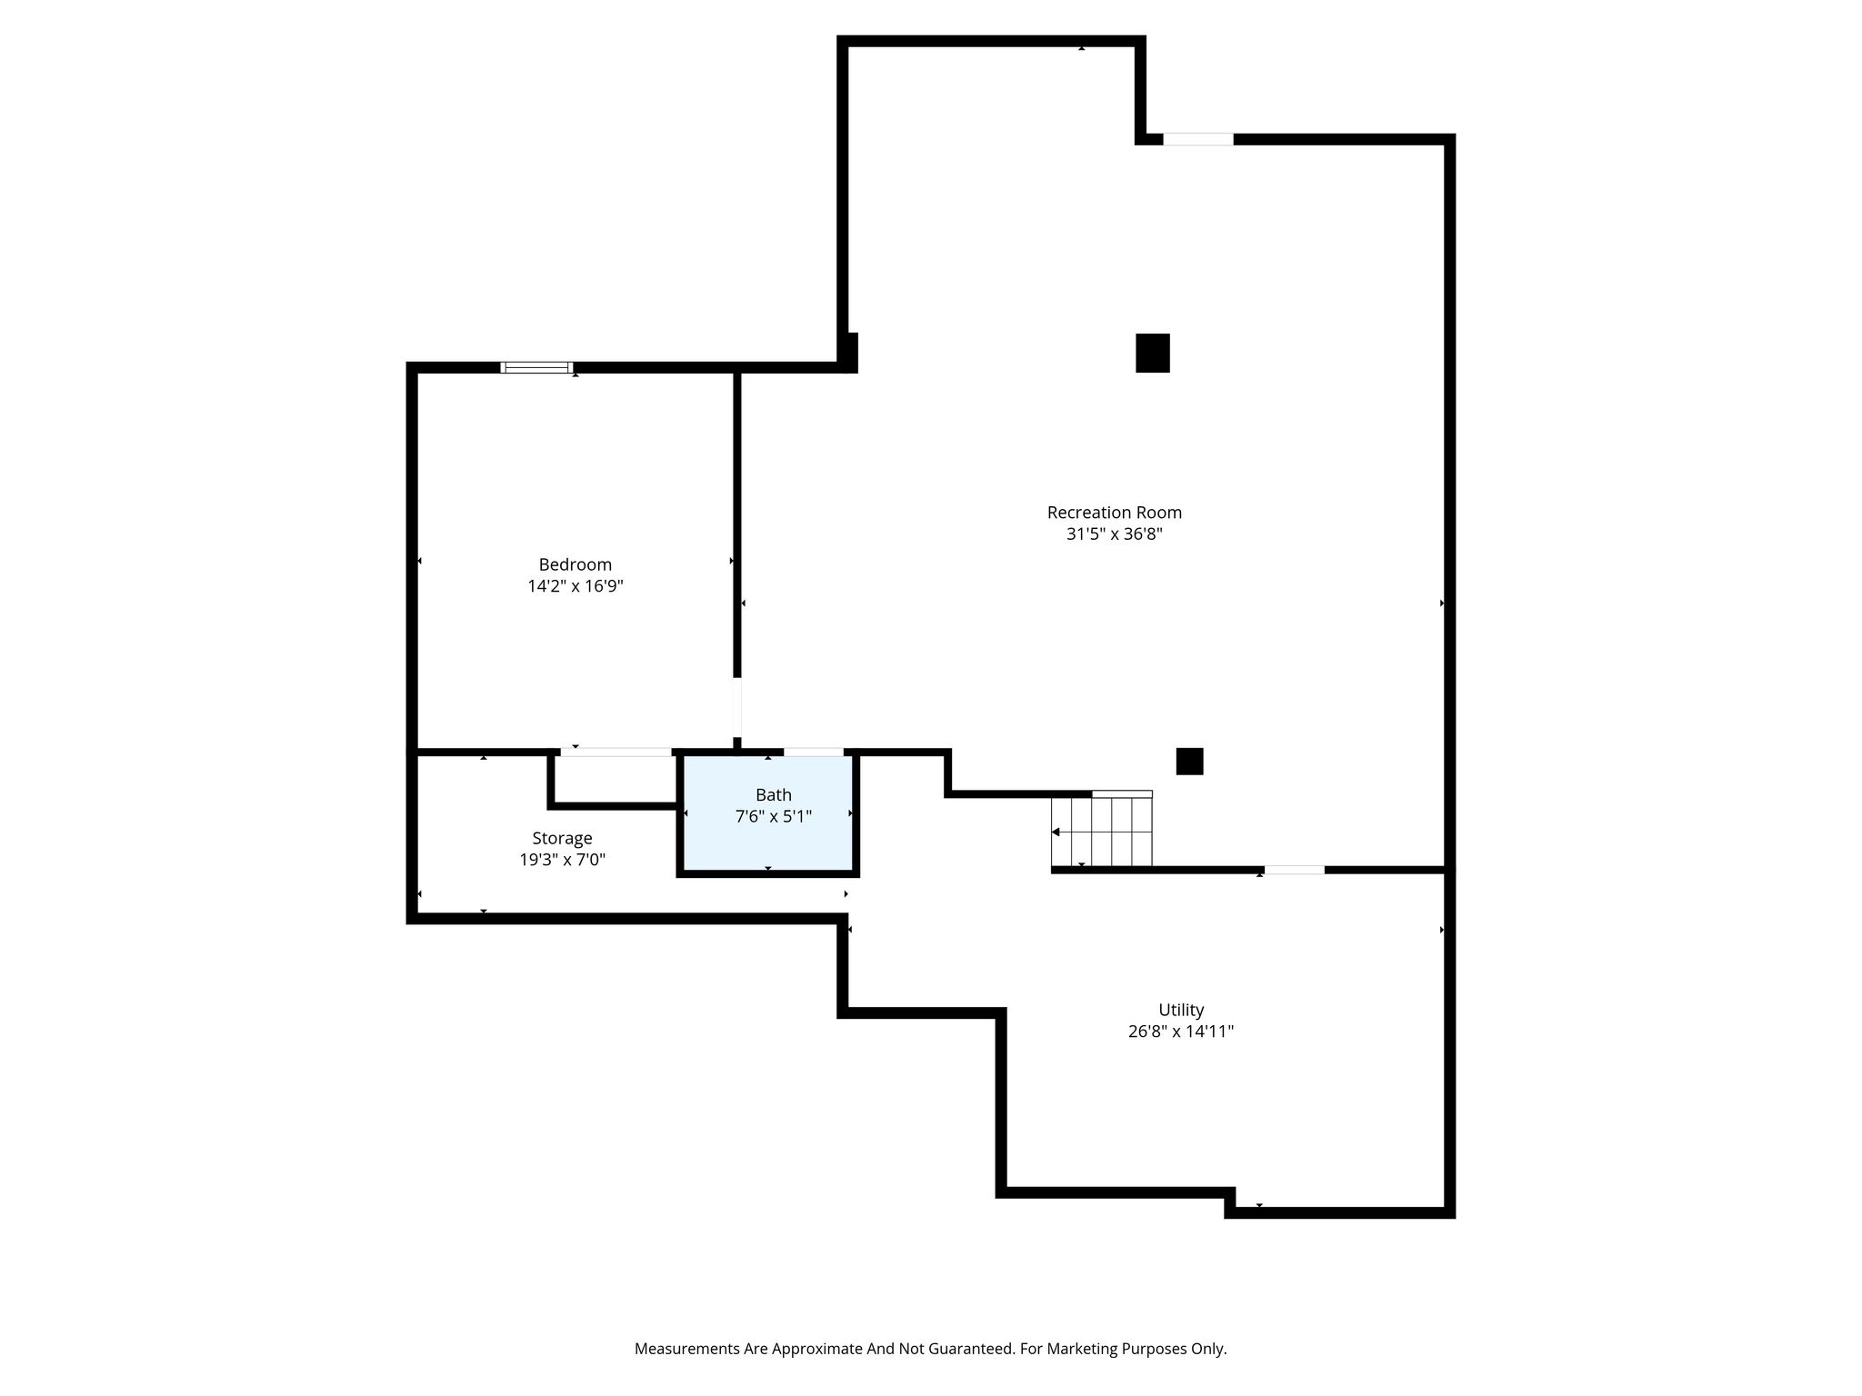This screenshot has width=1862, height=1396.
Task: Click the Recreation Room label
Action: pos(1114,513)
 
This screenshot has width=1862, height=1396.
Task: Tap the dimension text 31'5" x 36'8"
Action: pos(1114,534)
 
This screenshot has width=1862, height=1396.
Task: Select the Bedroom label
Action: pos(575,564)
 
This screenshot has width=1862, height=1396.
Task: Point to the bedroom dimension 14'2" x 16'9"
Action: pos(575,586)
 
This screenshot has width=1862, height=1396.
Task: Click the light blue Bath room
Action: pos(768,813)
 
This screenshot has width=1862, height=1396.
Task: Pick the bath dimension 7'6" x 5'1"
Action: pos(773,817)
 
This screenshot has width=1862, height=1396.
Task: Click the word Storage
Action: pos(562,839)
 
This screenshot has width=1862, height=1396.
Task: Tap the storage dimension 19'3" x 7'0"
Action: pos(562,860)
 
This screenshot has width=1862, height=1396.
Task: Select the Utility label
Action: pos(1181,1010)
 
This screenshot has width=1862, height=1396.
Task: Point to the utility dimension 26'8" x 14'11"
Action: pos(1181,1032)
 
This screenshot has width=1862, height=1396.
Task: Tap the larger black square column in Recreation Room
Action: pos(1153,353)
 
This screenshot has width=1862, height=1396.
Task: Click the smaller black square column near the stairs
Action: pos(1190,762)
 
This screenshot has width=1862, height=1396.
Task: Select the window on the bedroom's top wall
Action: pos(536,368)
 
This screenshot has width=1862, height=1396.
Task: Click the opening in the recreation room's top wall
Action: pos(1198,139)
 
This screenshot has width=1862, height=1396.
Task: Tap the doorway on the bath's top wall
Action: pos(814,752)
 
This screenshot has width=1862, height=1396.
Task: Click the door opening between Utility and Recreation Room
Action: pos(1295,870)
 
